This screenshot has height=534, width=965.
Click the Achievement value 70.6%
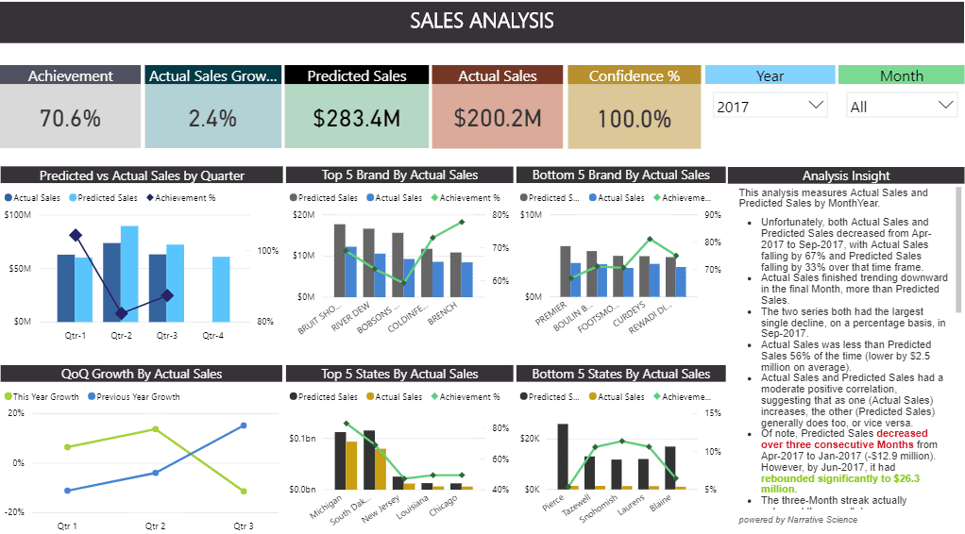pos(70,118)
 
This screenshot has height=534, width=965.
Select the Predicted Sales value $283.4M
pos(357,118)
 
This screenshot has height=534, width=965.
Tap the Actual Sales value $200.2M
pos(498,118)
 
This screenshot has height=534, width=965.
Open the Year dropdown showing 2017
pos(770,107)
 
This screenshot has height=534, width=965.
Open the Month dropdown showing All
pos(902,107)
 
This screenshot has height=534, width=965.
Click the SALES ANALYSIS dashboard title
pos(482,21)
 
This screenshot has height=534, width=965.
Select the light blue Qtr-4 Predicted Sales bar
pos(221,289)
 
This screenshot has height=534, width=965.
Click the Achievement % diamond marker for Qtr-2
pos(121,313)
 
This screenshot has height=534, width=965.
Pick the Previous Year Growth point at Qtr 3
pos(244,426)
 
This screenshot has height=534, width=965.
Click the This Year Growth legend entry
pos(43,397)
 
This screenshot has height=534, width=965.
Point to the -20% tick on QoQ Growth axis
pos(15,512)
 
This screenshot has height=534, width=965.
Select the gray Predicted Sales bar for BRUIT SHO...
pos(340,261)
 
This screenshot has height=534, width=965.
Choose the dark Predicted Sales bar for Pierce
pos(563,457)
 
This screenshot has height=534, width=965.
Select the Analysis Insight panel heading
pos(845,175)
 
